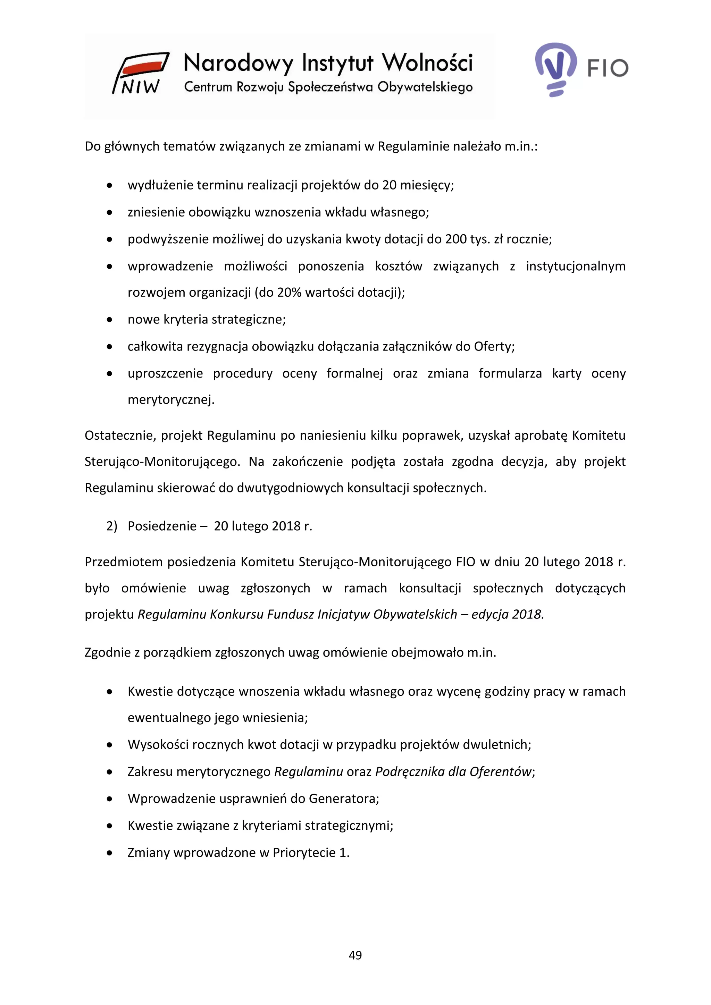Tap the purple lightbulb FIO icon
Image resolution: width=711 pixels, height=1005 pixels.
click(x=555, y=68)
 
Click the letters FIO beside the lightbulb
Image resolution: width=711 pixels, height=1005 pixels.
click(x=608, y=68)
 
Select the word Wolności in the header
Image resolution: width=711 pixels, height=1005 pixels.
click(x=428, y=64)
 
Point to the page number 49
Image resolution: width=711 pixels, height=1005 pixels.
click(x=355, y=955)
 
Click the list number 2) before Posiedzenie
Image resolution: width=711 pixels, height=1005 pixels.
click(x=112, y=526)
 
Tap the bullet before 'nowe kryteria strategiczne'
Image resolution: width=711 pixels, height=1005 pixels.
click(x=109, y=320)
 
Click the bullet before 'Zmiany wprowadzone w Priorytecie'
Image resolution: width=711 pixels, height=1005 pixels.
click(x=109, y=853)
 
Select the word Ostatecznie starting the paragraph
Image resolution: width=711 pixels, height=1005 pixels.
click(x=119, y=436)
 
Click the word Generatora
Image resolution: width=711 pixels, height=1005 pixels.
click(x=343, y=799)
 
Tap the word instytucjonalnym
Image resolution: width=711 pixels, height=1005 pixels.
click(x=575, y=266)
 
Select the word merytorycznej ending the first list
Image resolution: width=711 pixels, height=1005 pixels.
click(x=171, y=400)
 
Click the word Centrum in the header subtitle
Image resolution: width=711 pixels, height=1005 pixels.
click(x=208, y=87)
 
